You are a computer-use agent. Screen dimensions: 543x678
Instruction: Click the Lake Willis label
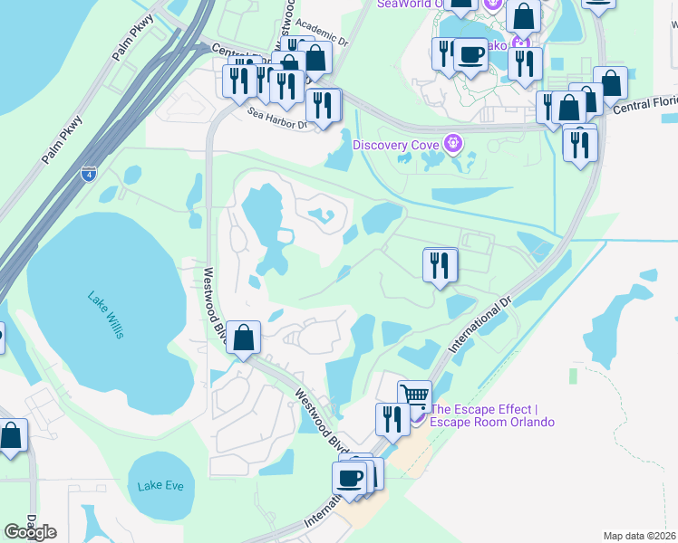(x=106, y=314)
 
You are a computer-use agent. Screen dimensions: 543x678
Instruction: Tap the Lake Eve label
(x=160, y=486)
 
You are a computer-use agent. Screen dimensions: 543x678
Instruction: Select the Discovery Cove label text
(x=394, y=145)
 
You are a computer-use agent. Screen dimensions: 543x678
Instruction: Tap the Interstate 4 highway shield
(x=88, y=174)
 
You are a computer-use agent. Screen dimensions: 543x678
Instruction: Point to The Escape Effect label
(x=490, y=414)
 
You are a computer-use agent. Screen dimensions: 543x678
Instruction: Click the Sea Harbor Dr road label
(x=279, y=117)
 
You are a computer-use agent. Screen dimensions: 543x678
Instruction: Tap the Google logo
(x=31, y=531)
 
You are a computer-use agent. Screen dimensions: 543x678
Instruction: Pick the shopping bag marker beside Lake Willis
(x=244, y=338)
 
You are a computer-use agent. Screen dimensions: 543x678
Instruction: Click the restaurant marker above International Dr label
(x=440, y=265)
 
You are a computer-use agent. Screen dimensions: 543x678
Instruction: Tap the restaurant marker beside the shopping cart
(x=392, y=419)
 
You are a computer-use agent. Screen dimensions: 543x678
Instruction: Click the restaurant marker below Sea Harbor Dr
(x=324, y=105)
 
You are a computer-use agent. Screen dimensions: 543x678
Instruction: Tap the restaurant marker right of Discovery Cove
(x=579, y=142)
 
